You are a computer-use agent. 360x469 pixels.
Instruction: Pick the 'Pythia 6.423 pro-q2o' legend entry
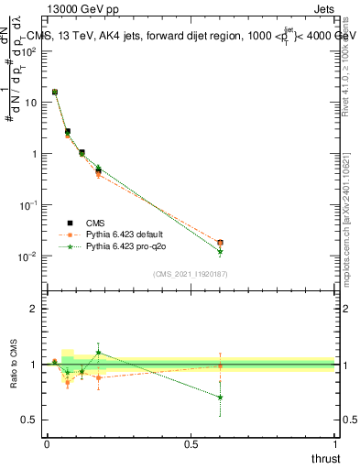coord(132,246)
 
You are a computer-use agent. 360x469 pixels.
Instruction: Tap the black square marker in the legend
coord(69,222)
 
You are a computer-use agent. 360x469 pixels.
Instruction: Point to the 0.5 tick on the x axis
coord(190,443)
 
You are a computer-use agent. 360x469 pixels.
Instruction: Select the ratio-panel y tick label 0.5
coord(29,420)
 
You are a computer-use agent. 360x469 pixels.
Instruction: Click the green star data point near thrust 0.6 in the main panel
coord(220,251)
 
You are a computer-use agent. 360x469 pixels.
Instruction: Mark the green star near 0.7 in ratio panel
coord(220,397)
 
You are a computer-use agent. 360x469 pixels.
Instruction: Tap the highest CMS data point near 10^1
coord(55,92)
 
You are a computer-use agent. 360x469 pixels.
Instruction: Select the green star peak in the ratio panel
coord(98,353)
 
